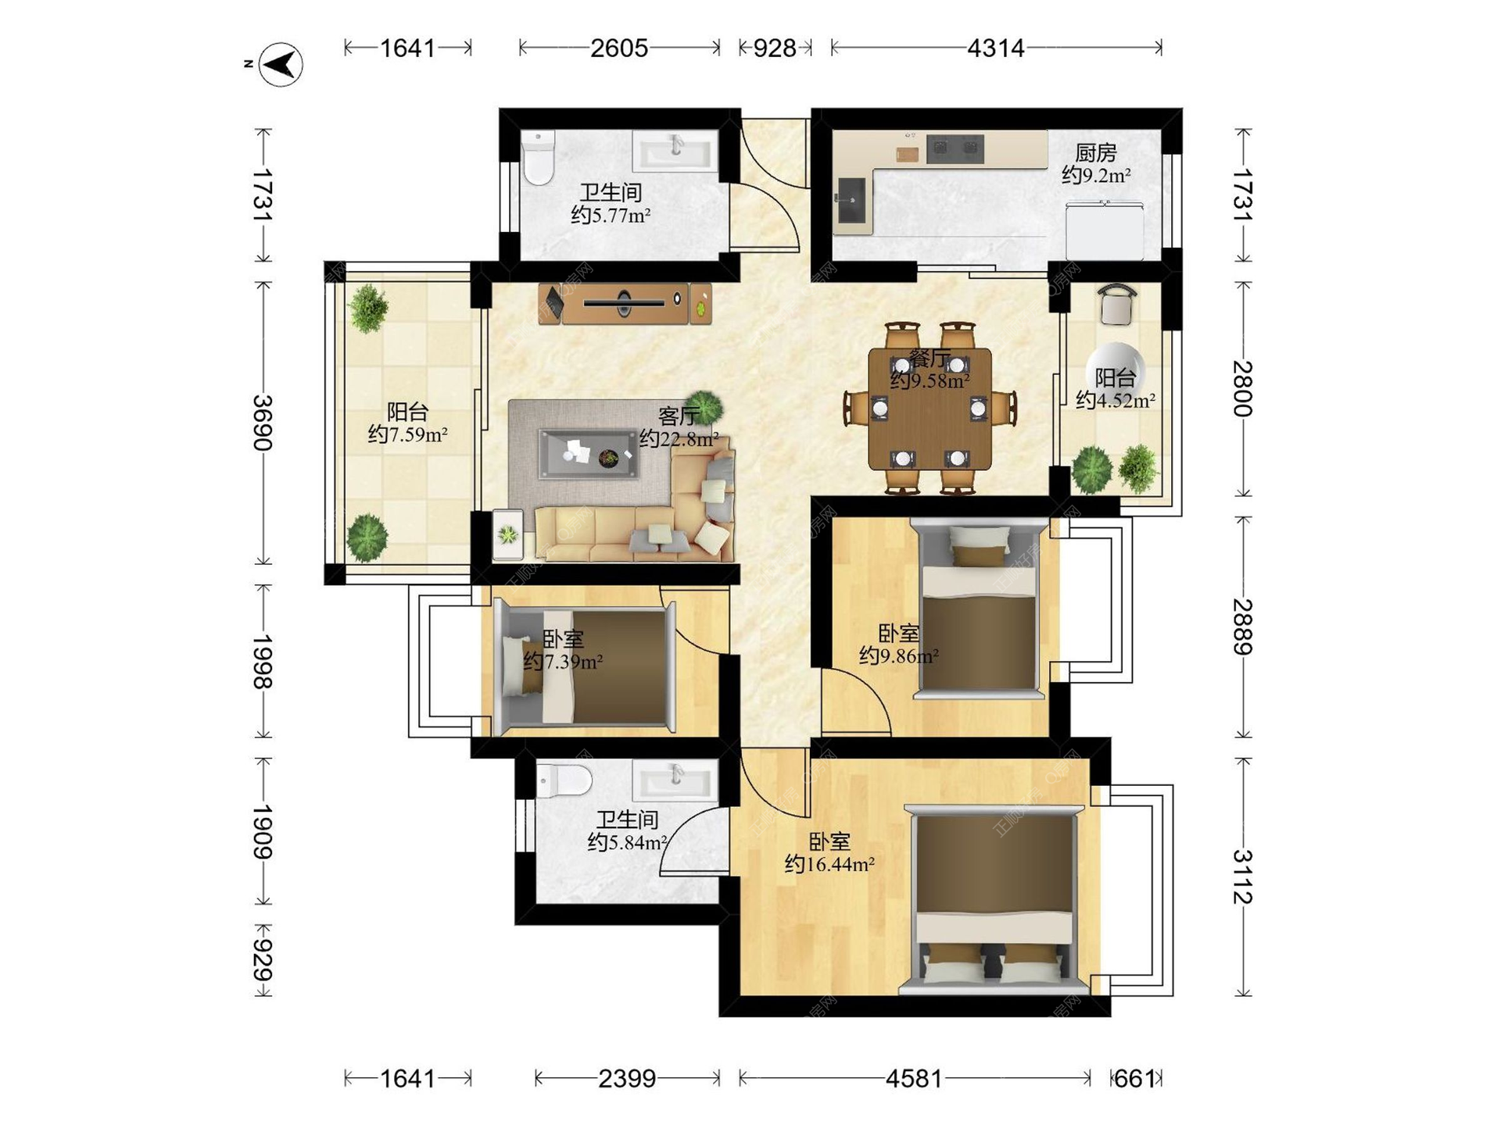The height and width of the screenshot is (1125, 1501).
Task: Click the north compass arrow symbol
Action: click(x=281, y=64)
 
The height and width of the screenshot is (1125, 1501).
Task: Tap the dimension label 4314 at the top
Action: click(x=995, y=48)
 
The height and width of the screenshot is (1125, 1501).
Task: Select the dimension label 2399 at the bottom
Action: click(x=627, y=1079)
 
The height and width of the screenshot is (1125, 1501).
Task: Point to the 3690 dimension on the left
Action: click(x=263, y=423)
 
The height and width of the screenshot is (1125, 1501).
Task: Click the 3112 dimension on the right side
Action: click(x=1242, y=877)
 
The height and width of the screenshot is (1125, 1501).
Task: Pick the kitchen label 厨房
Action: click(x=1095, y=152)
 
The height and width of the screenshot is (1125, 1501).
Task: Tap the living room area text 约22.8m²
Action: click(x=679, y=439)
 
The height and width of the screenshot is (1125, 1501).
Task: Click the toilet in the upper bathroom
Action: click(x=538, y=158)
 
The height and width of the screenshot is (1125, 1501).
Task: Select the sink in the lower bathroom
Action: click(x=675, y=782)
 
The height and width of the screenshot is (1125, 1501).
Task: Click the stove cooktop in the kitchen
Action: click(x=955, y=148)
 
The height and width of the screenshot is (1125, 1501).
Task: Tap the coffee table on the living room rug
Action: click(x=588, y=453)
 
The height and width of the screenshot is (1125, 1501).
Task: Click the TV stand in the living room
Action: click(x=625, y=303)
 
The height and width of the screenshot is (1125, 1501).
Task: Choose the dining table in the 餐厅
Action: click(x=930, y=409)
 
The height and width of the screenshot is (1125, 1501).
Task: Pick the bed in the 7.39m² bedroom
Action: click(x=586, y=666)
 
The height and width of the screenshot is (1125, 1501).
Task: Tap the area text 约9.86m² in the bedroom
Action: click(x=899, y=655)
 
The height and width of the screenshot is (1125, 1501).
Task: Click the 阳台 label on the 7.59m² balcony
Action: click(x=407, y=411)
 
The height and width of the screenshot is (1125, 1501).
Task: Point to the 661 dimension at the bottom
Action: click(x=1134, y=1079)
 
